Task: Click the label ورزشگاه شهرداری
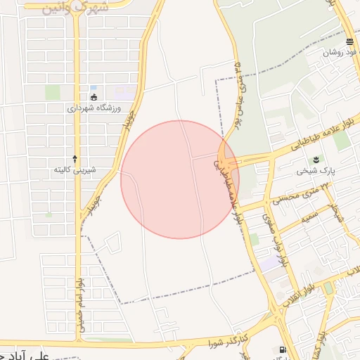tap(94, 108)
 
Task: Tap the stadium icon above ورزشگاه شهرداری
tap(94, 97)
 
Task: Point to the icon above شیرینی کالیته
tap(75, 159)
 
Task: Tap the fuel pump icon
tap(283, 349)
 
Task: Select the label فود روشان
tap(341, 53)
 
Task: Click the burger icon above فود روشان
tap(349, 42)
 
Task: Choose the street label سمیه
tap(310, 214)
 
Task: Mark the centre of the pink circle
tap(180, 180)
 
